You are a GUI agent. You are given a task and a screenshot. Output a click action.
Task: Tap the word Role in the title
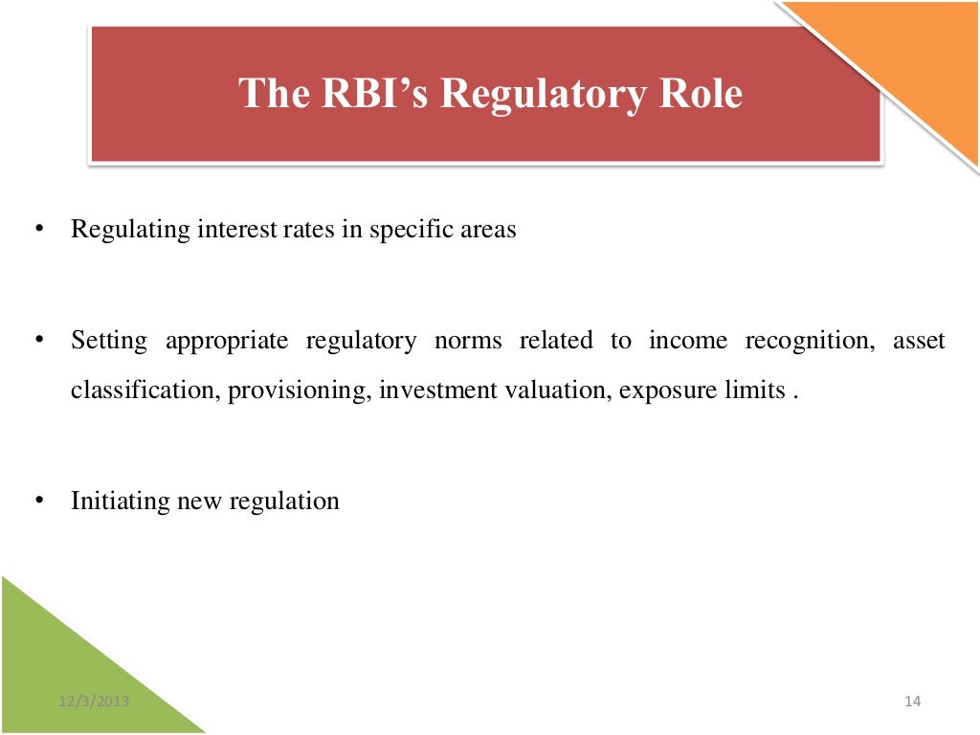pyautogui.click(x=700, y=94)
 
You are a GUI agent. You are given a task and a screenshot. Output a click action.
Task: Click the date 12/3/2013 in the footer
pyautogui.click(x=93, y=702)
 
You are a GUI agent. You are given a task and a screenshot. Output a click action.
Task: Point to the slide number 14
pyautogui.click(x=911, y=702)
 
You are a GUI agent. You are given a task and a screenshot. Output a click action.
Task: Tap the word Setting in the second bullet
pyautogui.click(x=108, y=342)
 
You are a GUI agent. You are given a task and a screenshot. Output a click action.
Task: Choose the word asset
pyautogui.click(x=919, y=342)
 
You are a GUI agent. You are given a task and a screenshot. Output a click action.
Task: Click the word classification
pyautogui.click(x=144, y=392)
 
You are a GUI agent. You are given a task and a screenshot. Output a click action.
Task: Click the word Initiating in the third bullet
pyautogui.click(x=120, y=501)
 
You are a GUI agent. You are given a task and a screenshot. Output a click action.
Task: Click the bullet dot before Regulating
pyautogui.click(x=38, y=231)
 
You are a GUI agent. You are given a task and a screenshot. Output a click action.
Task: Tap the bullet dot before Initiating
pyautogui.click(x=38, y=501)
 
